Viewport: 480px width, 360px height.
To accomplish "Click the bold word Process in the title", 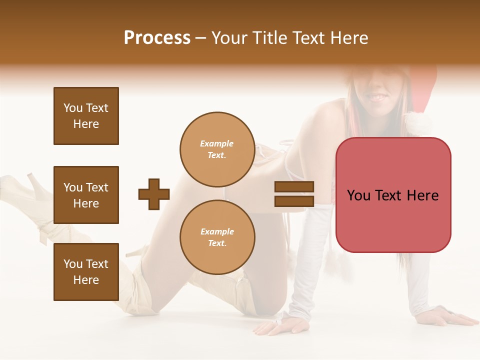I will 157,38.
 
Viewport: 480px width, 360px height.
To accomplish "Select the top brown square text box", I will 86,116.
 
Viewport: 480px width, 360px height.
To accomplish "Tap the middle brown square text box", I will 86,195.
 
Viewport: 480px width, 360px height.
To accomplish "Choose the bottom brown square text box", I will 86,272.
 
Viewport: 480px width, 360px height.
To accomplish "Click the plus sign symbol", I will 154,194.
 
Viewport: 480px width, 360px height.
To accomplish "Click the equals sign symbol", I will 294,194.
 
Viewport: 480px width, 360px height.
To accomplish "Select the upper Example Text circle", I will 217,149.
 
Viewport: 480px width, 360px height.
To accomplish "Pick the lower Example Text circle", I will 217,237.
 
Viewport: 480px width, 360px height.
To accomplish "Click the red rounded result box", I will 393,195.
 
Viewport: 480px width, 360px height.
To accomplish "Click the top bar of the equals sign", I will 294,187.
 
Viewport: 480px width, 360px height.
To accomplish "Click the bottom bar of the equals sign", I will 294,201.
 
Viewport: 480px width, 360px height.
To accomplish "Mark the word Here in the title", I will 349,38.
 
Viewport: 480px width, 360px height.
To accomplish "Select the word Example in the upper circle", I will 217,143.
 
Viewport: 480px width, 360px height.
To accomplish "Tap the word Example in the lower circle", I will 217,231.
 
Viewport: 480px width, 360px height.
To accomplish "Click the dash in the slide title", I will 201,38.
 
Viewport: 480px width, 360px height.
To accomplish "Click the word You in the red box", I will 359,195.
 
